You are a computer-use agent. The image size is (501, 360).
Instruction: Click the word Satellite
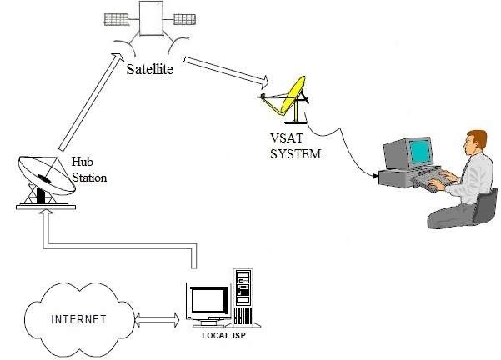pos(150,70)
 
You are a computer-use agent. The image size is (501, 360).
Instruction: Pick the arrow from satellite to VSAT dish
pos(225,70)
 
